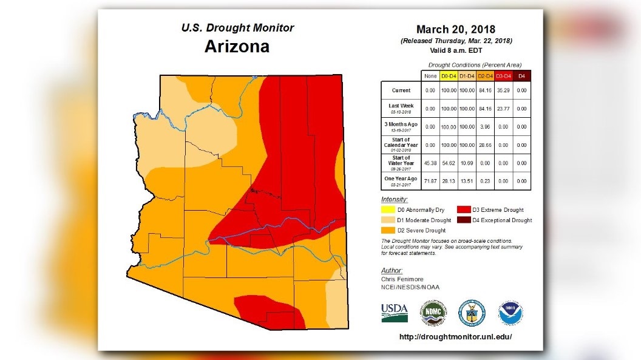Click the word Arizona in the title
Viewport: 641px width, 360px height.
(x=237, y=47)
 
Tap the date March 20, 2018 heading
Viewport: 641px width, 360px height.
(x=455, y=30)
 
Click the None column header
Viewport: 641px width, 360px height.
(x=430, y=75)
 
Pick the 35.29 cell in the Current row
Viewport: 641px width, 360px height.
(x=503, y=90)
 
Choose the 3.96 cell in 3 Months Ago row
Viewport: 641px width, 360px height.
(x=485, y=127)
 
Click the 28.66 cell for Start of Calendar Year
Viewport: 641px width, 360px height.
(x=485, y=145)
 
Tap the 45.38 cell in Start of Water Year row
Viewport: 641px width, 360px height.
(x=430, y=163)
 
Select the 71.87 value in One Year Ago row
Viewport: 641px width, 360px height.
(x=430, y=181)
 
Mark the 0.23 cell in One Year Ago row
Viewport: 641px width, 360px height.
(x=485, y=181)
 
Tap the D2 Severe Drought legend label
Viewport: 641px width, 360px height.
(x=421, y=231)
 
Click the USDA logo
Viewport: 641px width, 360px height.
(x=395, y=313)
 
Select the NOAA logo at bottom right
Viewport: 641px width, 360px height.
(x=510, y=313)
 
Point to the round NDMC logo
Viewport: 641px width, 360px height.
(x=433, y=313)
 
